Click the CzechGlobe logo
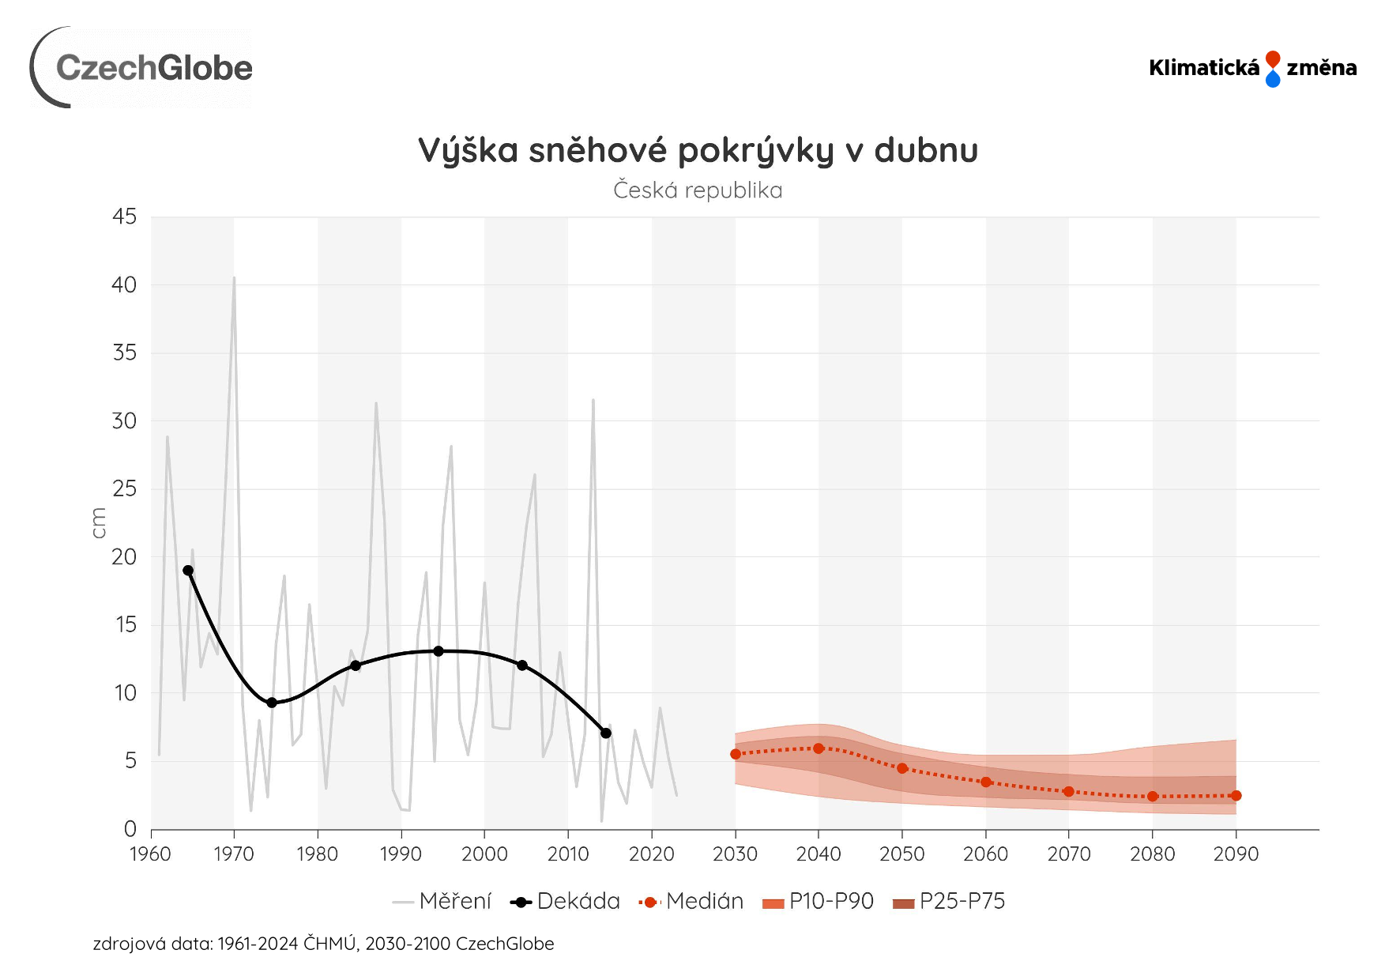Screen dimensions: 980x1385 (142, 68)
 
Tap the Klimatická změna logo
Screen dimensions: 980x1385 (1252, 68)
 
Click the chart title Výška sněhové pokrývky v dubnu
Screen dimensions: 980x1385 (698, 150)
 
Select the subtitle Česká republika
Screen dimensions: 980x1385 (698, 190)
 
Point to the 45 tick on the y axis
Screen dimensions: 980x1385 (125, 217)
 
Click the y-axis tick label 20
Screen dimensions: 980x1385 (125, 557)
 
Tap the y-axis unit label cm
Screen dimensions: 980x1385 (99, 523)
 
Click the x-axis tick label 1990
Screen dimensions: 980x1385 (401, 854)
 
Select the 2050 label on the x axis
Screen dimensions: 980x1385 (901, 854)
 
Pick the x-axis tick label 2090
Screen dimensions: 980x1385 (1236, 854)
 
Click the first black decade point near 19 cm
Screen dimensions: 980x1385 (188, 571)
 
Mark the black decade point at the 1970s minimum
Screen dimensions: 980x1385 (272, 703)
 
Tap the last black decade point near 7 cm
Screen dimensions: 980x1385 (606, 733)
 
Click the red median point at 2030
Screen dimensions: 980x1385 (736, 754)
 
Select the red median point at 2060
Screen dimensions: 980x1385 (986, 782)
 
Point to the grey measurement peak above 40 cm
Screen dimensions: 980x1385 (234, 278)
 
